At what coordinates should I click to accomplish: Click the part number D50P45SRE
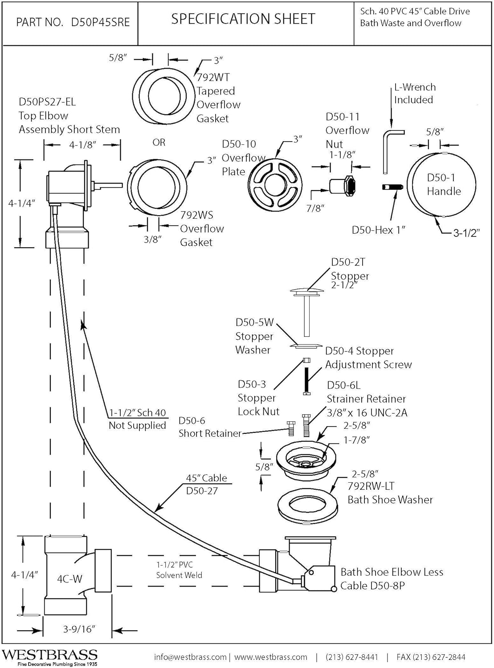[100, 22]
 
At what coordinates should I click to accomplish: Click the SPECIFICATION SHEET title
[243, 19]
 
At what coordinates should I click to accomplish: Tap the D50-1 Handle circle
[441, 184]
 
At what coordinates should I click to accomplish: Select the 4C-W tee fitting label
[69, 579]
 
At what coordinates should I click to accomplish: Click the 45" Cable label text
[206, 478]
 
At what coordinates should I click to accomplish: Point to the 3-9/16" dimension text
[79, 629]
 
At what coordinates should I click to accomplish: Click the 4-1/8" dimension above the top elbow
[82, 145]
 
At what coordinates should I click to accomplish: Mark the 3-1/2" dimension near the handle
[466, 233]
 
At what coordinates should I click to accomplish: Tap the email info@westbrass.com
[190, 657]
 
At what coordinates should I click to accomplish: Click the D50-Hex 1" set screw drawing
[392, 187]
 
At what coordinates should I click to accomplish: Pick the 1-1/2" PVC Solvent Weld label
[179, 570]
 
